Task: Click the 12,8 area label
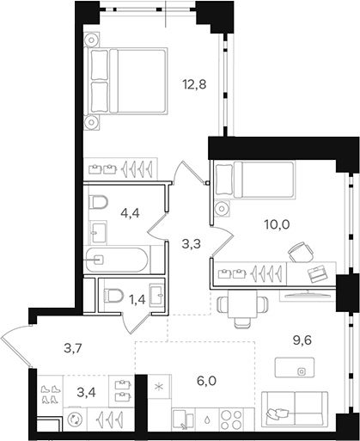tap(194, 84)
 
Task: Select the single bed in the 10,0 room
tap(253, 181)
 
